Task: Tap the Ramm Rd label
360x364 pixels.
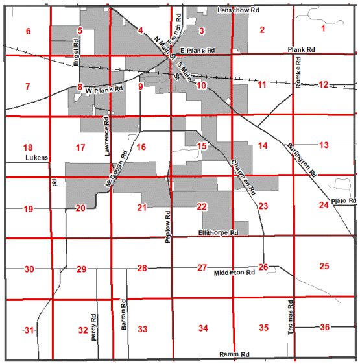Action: (234, 355)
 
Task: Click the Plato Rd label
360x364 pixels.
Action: (344, 201)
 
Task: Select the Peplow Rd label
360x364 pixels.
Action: (167, 227)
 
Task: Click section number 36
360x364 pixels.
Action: (324, 327)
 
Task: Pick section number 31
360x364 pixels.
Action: (29, 330)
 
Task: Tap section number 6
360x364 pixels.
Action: (28, 31)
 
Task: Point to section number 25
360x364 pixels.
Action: (324, 266)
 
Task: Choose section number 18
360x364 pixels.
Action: (27, 147)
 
